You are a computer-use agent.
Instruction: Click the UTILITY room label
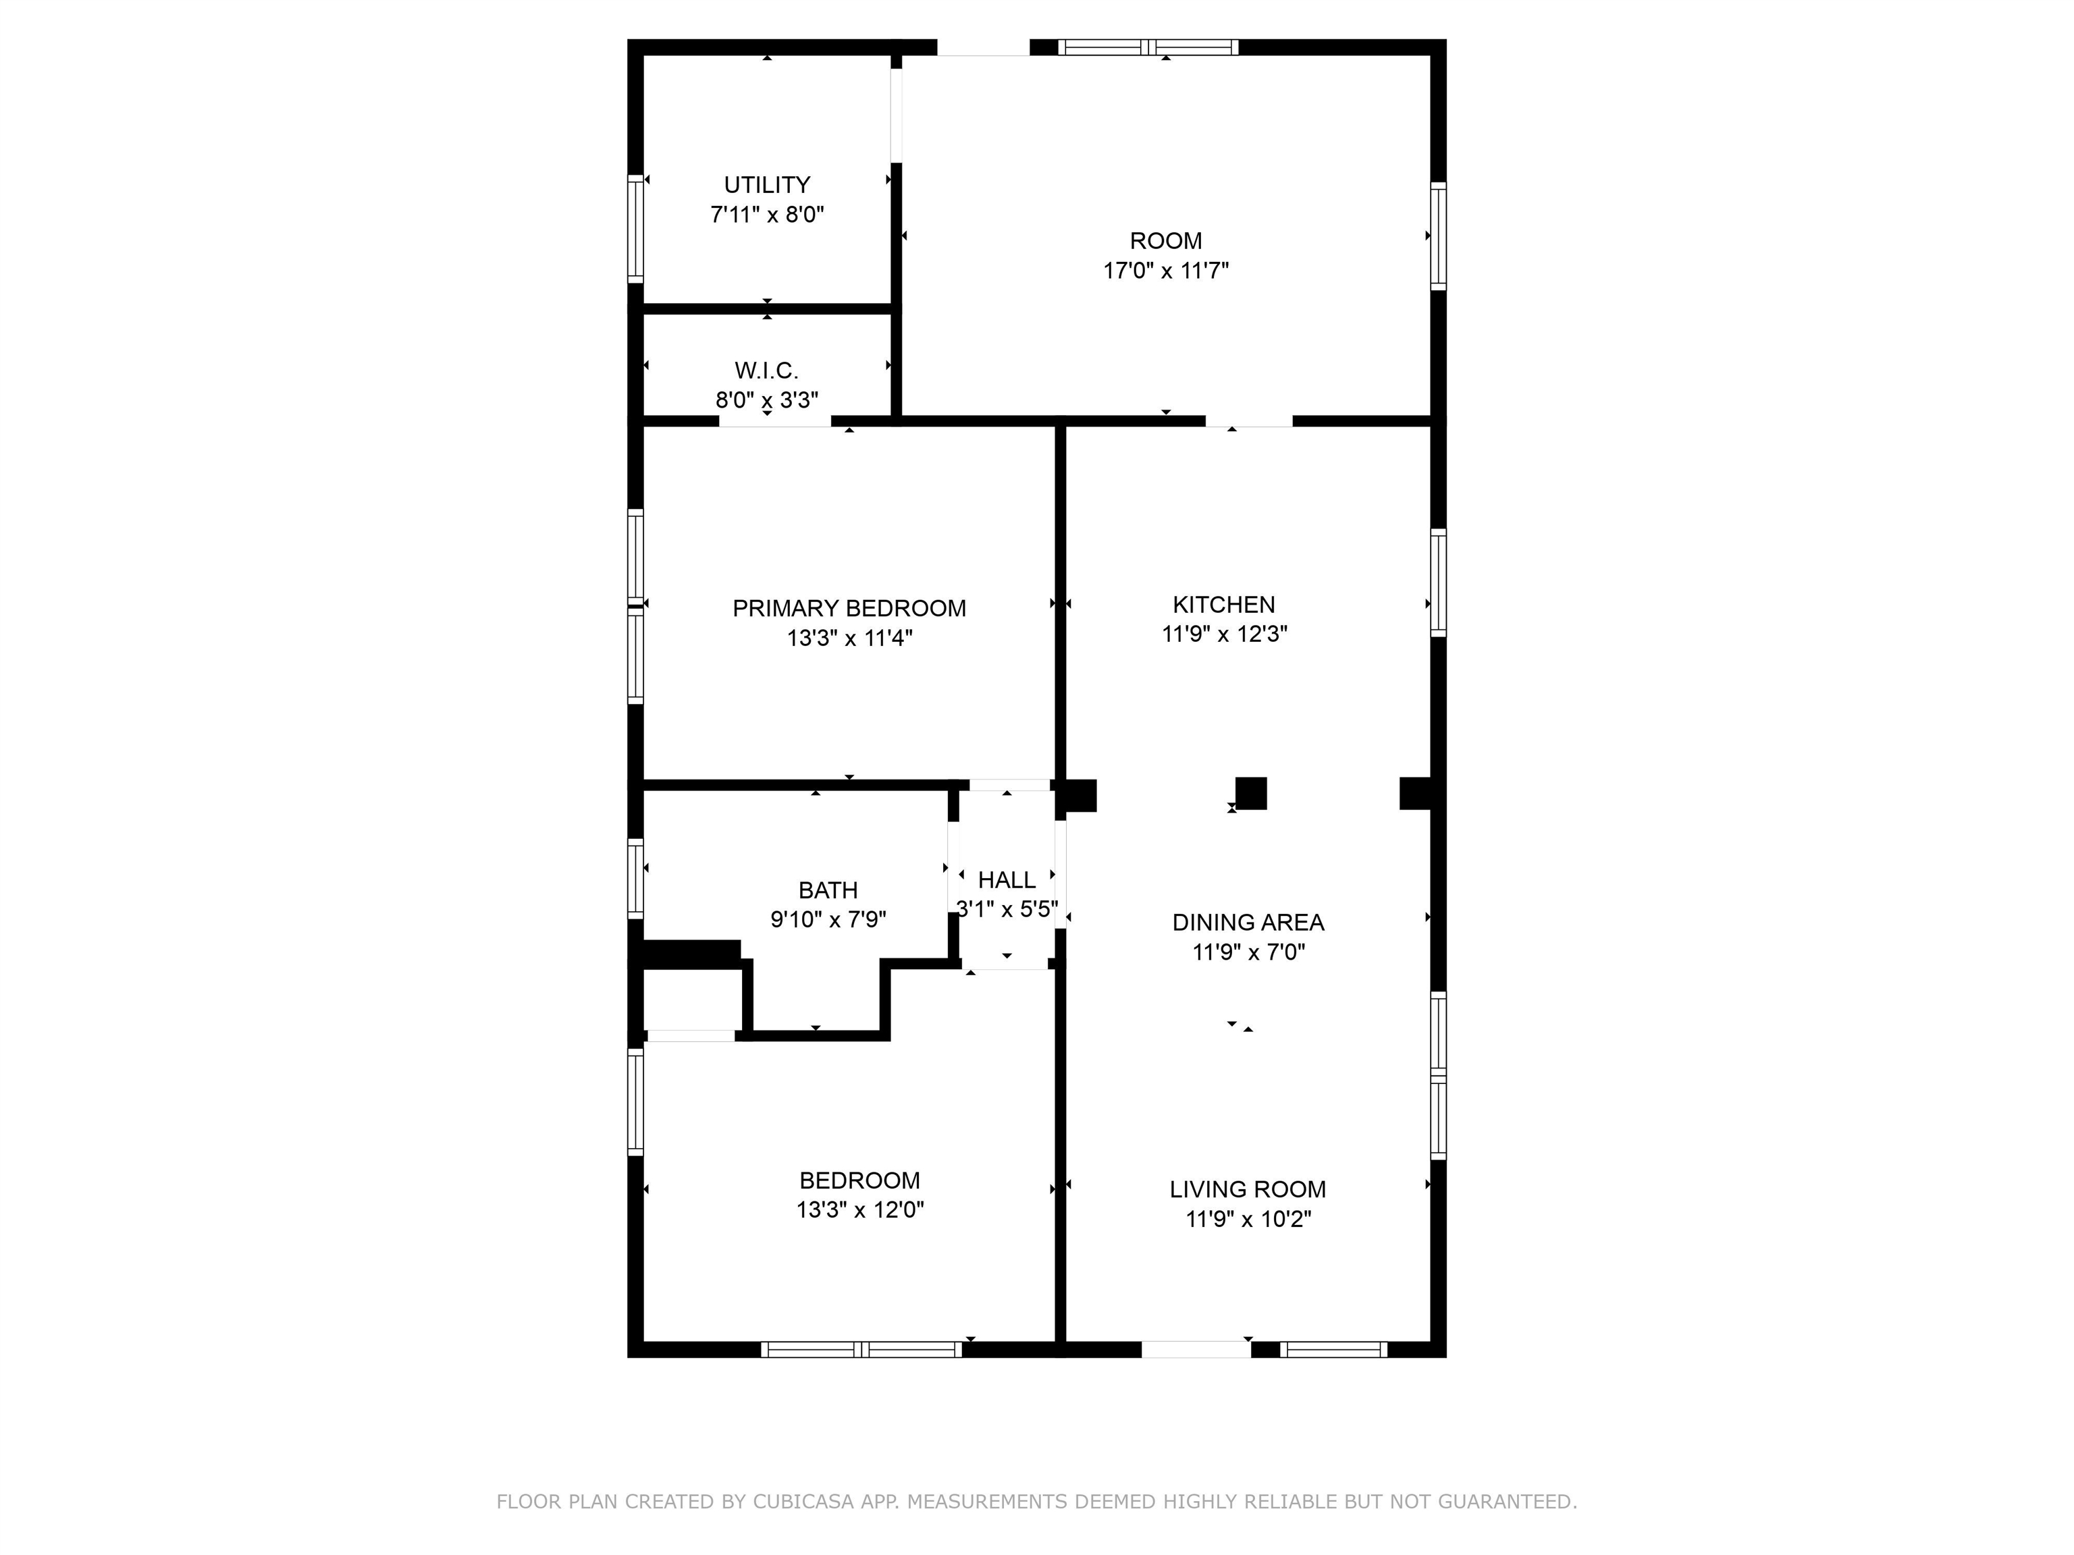pyautogui.click(x=767, y=185)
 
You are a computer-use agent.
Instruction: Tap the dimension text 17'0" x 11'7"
pyautogui.click(x=1165, y=271)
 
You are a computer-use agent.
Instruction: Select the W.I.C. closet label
pyautogui.click(x=767, y=371)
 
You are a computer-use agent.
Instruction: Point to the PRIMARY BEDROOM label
pyautogui.click(x=849, y=608)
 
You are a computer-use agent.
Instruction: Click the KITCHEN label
pyautogui.click(x=1223, y=605)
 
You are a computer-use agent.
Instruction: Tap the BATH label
pyautogui.click(x=828, y=890)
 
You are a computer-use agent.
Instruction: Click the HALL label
pyautogui.click(x=1007, y=880)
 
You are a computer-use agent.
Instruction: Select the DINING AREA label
pyautogui.click(x=1248, y=923)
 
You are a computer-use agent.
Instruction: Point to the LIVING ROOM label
pyautogui.click(x=1248, y=1189)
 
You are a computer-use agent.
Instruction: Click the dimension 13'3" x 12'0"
pyautogui.click(x=860, y=1210)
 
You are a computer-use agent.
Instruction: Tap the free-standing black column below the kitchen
pyautogui.click(x=1251, y=793)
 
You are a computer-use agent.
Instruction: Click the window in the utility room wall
pyautogui.click(x=636, y=227)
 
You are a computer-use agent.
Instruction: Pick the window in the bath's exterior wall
pyautogui.click(x=636, y=878)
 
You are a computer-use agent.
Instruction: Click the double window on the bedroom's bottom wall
pyautogui.click(x=861, y=1350)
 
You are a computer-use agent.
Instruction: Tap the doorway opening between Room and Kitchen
pyautogui.click(x=1249, y=421)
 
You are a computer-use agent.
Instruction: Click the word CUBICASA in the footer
pyautogui.click(x=803, y=1502)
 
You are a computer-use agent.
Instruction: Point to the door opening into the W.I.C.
pyautogui.click(x=774, y=421)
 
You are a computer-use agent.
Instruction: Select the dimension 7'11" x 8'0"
pyautogui.click(x=767, y=215)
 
